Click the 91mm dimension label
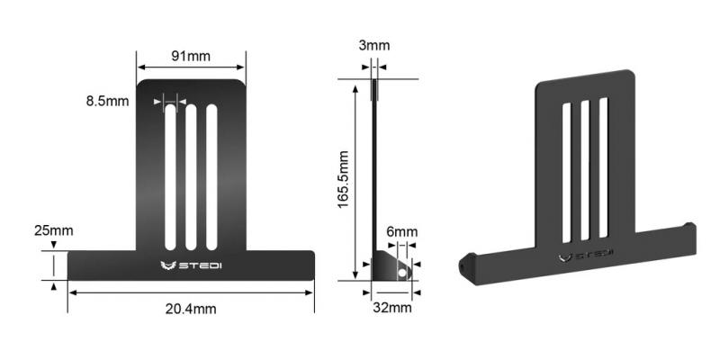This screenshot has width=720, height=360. (x=191, y=56)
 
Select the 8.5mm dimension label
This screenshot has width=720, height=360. (x=108, y=102)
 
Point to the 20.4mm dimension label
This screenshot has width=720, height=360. (x=191, y=309)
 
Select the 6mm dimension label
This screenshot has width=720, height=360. (x=402, y=231)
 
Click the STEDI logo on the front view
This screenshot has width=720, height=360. (x=191, y=265)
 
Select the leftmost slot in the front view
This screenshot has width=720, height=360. (x=170, y=176)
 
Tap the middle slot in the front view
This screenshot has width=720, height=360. (x=191, y=176)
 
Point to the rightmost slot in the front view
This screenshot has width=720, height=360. (x=211, y=176)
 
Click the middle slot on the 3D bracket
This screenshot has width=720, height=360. (x=585, y=171)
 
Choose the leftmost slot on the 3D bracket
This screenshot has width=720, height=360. (x=566, y=173)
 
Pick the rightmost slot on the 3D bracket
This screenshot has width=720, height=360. (x=603, y=168)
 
